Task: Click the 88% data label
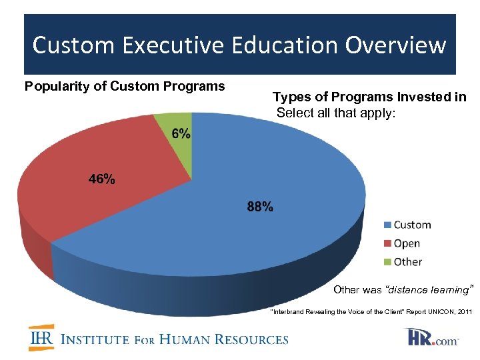click(260, 207)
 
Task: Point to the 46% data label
click(101, 179)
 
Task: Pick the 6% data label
click(181, 133)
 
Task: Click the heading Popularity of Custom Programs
click(125, 86)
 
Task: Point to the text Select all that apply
click(336, 113)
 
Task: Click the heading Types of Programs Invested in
click(369, 97)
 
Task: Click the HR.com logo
click(433, 337)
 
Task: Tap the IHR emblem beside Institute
click(41, 338)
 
